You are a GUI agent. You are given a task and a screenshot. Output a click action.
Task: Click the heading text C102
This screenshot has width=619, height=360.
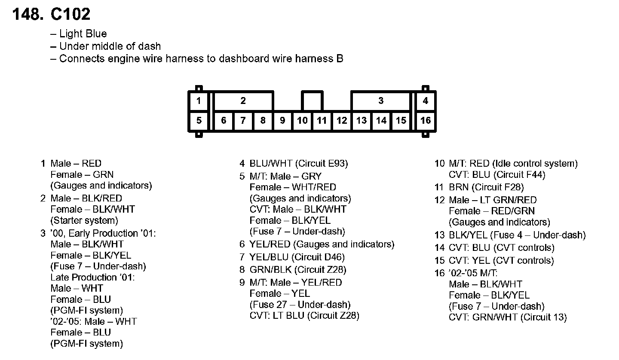click(70, 15)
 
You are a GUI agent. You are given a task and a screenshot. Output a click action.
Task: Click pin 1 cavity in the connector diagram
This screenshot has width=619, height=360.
click(199, 101)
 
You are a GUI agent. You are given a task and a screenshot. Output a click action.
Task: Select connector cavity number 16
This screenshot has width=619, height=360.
click(425, 121)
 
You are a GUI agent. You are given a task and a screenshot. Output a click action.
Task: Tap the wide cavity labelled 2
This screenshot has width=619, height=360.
click(243, 101)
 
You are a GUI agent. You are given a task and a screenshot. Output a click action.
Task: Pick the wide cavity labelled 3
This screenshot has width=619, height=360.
click(381, 101)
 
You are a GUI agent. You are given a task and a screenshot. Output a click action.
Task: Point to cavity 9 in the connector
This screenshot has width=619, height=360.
click(282, 121)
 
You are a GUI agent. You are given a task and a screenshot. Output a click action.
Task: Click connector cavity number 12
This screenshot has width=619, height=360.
click(342, 121)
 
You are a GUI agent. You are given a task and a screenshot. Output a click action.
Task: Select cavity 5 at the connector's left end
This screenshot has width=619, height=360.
click(199, 121)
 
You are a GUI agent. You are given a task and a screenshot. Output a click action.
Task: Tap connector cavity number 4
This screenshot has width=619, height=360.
click(425, 101)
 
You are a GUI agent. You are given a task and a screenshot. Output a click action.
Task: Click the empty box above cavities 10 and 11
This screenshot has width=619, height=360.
click(312, 101)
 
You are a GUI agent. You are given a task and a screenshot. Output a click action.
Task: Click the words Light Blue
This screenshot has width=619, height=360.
click(83, 34)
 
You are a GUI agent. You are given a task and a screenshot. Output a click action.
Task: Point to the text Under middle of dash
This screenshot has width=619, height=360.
click(110, 46)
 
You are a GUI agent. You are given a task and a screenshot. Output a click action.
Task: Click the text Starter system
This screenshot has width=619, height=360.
click(84, 221)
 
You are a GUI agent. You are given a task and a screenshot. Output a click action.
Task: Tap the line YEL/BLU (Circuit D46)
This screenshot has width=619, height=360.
click(297, 257)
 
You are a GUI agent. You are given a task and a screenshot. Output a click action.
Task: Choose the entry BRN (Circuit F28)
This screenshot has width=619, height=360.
click(486, 187)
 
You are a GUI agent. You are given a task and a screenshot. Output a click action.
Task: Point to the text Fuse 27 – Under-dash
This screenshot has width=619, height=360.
click(300, 305)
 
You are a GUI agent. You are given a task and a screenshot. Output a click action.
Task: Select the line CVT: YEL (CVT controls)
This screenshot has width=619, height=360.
click(501, 261)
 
